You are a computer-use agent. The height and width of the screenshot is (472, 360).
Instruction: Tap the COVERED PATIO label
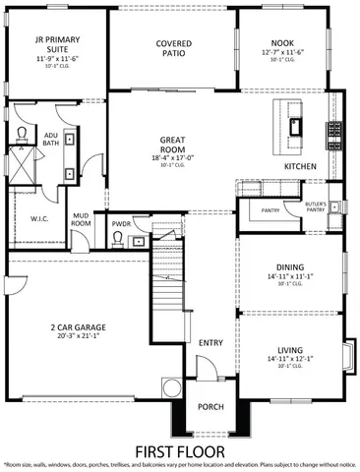tap(173, 49)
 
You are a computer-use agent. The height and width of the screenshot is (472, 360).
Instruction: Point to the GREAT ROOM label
tap(171, 145)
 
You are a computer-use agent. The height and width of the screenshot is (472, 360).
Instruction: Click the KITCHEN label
tap(300, 167)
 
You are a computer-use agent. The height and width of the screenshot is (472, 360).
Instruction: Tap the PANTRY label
tap(271, 210)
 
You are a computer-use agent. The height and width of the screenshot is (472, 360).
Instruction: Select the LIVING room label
tap(291, 349)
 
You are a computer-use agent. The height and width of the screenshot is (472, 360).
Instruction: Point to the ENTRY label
tap(210, 342)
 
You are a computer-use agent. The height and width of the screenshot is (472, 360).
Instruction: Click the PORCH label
tap(210, 407)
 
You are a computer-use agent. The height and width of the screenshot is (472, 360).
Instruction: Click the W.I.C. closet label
tap(39, 218)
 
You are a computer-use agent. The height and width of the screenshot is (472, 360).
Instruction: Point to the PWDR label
tap(122, 224)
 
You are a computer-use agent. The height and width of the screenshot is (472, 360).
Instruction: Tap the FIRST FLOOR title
tap(180, 450)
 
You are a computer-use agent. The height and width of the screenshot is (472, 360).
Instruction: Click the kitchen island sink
tap(295, 123)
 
